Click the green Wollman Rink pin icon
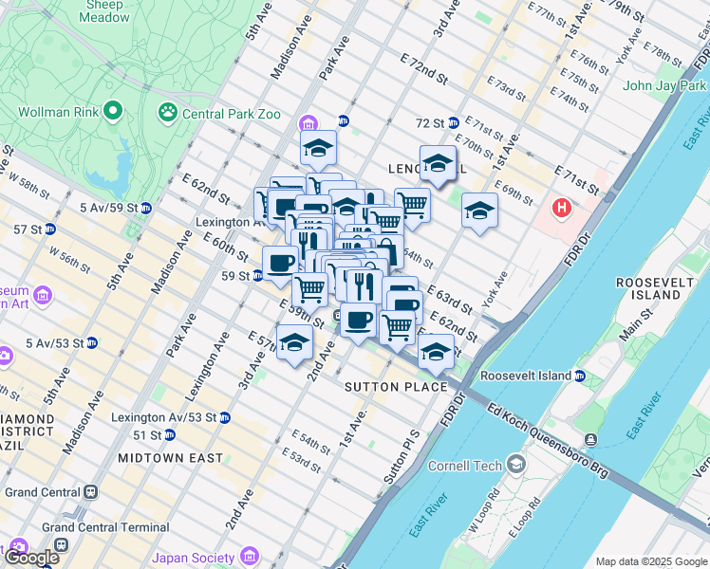[112, 112]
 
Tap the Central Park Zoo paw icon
[169, 114]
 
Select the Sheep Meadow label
[106, 10]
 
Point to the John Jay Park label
[664, 85]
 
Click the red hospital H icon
[562, 207]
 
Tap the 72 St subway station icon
[453, 123]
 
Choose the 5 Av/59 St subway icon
[145, 208]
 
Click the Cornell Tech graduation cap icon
[515, 465]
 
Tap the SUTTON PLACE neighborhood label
[396, 387]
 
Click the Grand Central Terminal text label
[104, 526]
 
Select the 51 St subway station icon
[169, 434]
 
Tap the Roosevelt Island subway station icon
[579, 376]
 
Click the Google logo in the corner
[31, 558]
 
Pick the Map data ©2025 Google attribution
[650, 561]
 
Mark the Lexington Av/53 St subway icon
[224, 417]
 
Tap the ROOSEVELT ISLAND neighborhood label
[648, 288]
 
